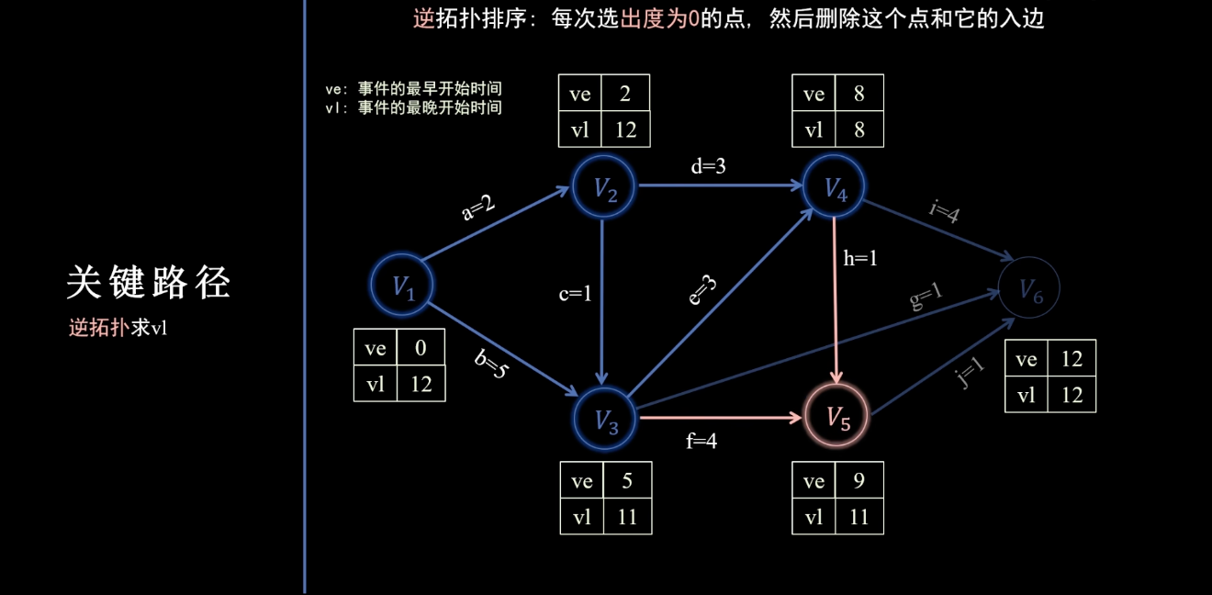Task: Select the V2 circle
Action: click(x=602, y=188)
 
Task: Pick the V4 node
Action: click(x=834, y=188)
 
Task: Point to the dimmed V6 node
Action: click(x=1030, y=290)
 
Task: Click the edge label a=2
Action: click(x=477, y=208)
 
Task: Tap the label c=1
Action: click(x=575, y=294)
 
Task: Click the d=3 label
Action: click(x=707, y=167)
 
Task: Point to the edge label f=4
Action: click(x=701, y=442)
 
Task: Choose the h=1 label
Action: click(x=860, y=259)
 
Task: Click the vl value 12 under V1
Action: click(x=421, y=385)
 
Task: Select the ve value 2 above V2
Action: click(x=624, y=94)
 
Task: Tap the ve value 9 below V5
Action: click(x=858, y=480)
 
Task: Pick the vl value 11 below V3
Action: click(x=627, y=517)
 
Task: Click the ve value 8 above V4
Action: click(x=858, y=94)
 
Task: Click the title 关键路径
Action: click(x=148, y=284)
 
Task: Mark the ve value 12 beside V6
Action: click(x=1072, y=359)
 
